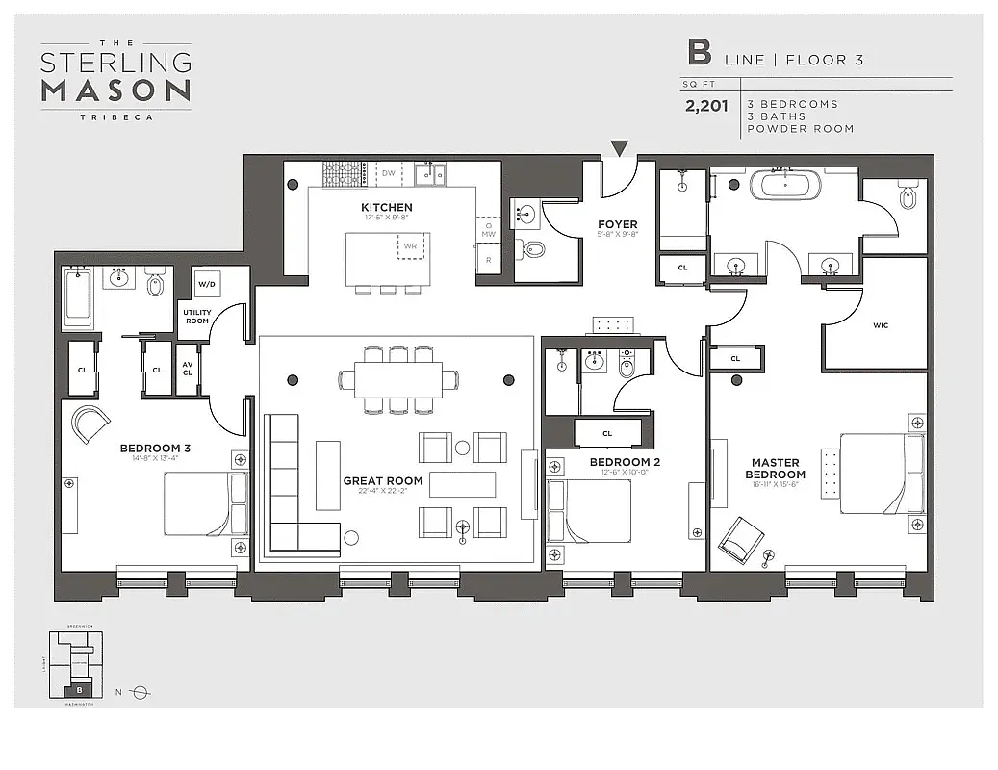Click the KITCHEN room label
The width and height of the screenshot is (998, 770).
click(x=386, y=207)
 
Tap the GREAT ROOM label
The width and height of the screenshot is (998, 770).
click(x=383, y=480)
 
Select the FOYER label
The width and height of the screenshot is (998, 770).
click(x=616, y=224)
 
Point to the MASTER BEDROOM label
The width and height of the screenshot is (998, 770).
click(x=776, y=469)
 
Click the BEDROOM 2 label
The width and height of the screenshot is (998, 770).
click(x=625, y=462)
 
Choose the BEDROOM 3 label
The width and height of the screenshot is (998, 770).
click(x=155, y=448)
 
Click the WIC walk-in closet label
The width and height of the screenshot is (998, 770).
click(x=880, y=325)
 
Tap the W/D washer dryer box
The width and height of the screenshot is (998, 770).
click(x=207, y=285)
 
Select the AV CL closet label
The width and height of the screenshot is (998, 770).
click(x=187, y=371)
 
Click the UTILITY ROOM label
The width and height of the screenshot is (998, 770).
click(x=197, y=317)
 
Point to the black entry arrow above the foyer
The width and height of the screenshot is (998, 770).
click(x=620, y=148)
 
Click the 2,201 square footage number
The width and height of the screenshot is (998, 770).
click(x=706, y=107)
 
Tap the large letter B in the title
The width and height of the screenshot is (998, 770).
click(x=699, y=53)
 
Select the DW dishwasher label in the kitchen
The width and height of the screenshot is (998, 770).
click(x=389, y=173)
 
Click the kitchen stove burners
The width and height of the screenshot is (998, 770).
click(x=341, y=173)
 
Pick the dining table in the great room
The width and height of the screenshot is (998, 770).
click(x=398, y=378)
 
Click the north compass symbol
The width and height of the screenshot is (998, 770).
click(x=141, y=692)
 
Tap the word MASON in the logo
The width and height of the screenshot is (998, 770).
click(x=115, y=90)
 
